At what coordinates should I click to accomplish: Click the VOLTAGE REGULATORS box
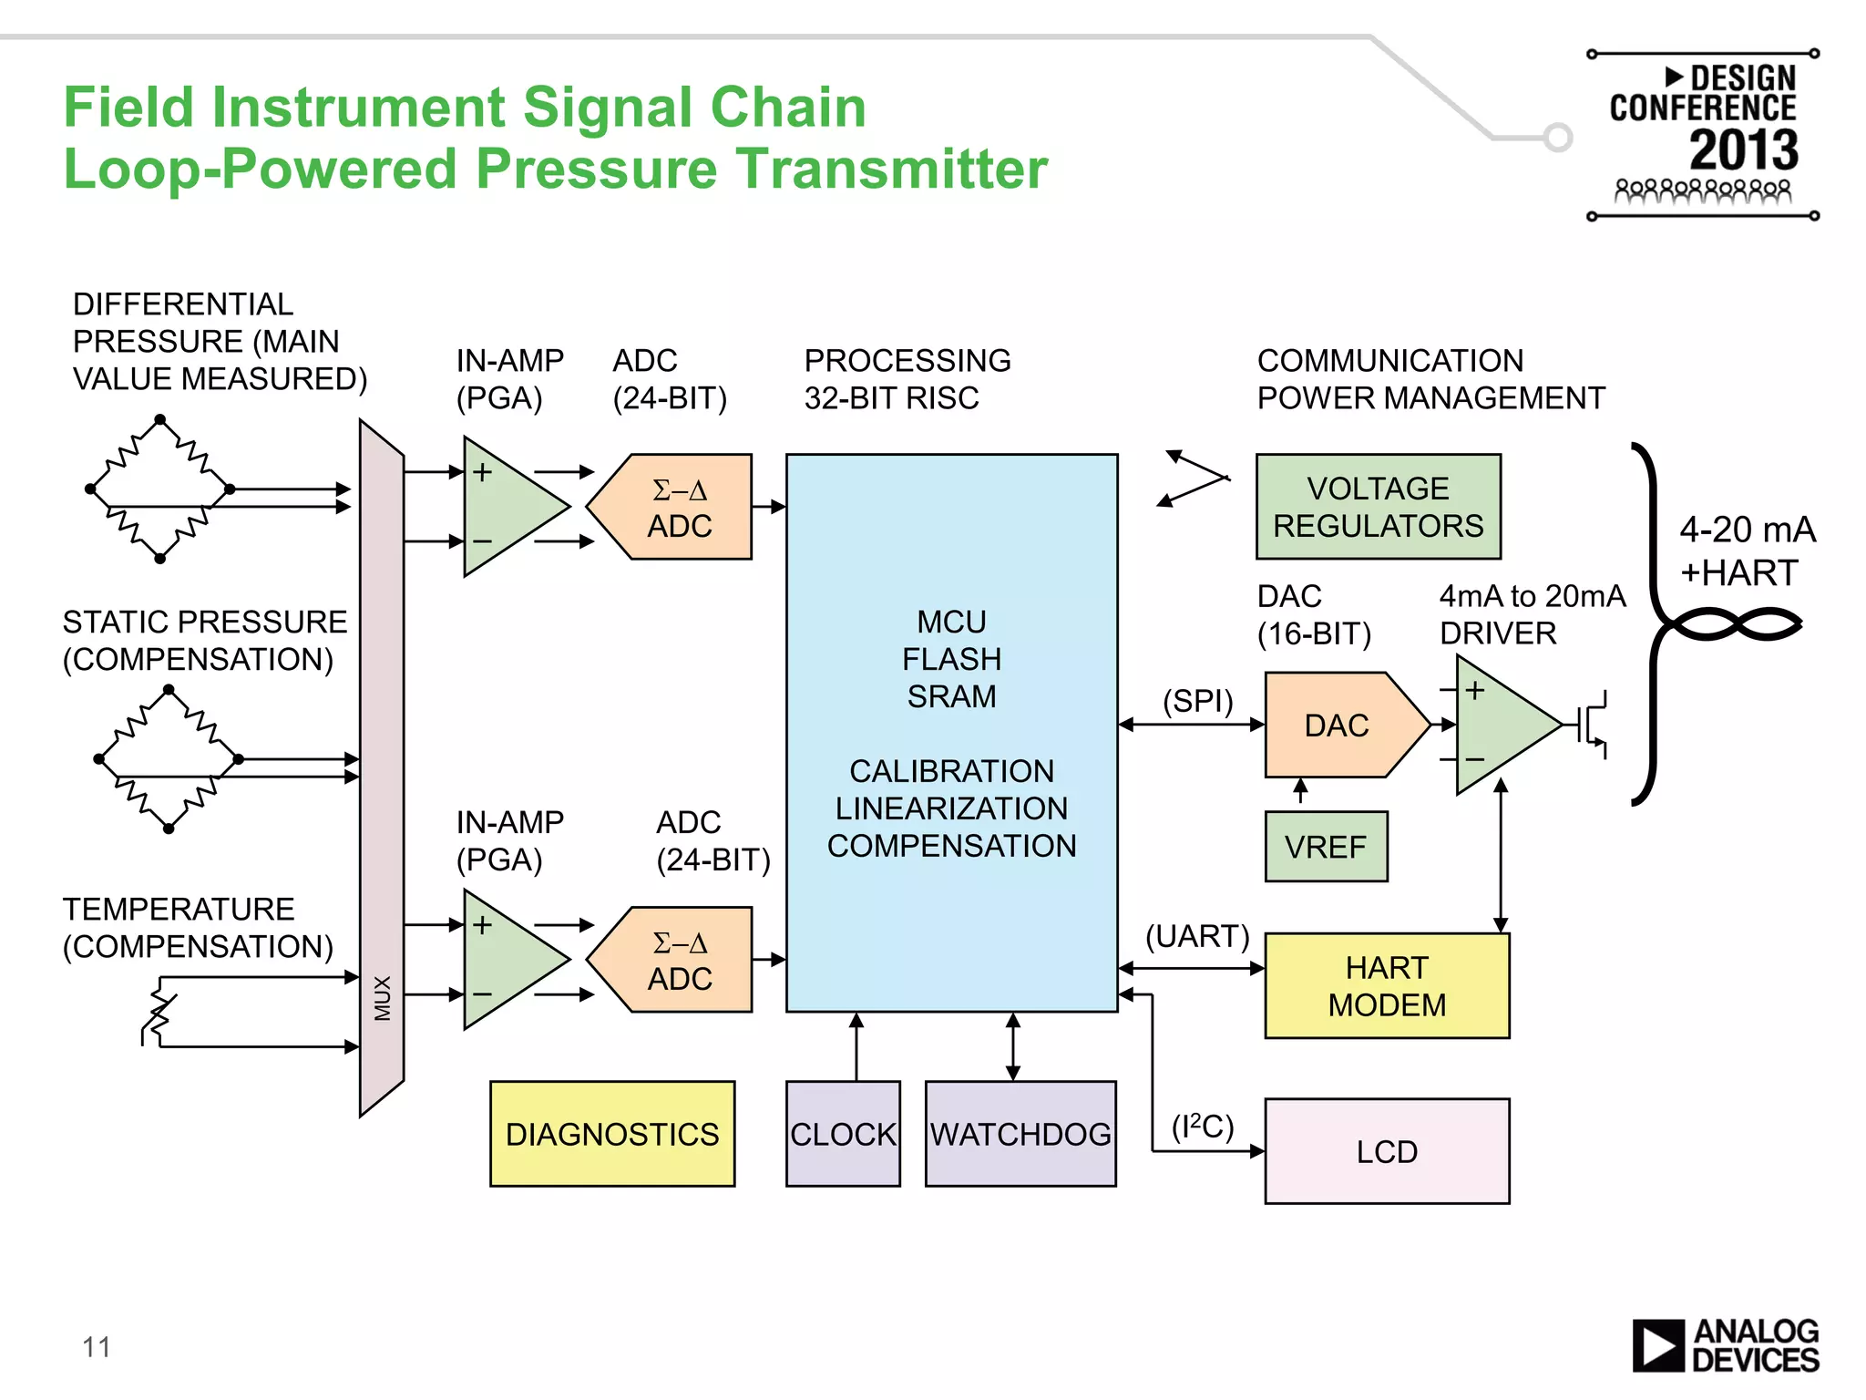point(1378,507)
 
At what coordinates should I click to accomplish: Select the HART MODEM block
point(1387,986)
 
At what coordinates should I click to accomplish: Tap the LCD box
point(1387,1151)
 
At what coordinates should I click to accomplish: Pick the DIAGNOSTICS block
point(612,1134)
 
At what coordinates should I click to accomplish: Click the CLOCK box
point(843,1134)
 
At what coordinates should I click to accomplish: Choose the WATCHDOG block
point(1020,1134)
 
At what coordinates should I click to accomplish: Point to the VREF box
point(1326,847)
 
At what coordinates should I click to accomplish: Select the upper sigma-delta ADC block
point(680,508)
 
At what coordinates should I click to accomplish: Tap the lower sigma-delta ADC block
point(680,961)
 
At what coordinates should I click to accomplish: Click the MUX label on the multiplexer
point(383,998)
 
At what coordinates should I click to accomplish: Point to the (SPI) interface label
point(1197,701)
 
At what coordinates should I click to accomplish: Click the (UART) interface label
point(1197,936)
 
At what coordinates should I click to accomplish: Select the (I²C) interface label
point(1203,1127)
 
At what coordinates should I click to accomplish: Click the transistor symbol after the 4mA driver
point(1593,725)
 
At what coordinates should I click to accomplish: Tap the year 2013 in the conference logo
point(1744,149)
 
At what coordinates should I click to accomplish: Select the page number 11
point(97,1347)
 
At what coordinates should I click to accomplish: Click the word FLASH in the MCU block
point(951,659)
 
